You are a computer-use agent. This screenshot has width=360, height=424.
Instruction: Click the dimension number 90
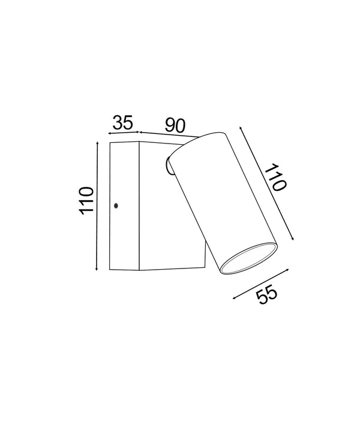point(175,125)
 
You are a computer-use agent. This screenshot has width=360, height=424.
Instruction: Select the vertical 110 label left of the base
point(86,201)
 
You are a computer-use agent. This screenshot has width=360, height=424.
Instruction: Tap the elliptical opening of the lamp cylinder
point(247,259)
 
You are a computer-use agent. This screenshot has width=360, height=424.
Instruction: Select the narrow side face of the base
point(124,206)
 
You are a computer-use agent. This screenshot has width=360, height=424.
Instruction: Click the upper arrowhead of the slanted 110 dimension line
point(241,129)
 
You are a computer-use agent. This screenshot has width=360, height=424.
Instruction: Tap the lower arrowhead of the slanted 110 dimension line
point(295,238)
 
